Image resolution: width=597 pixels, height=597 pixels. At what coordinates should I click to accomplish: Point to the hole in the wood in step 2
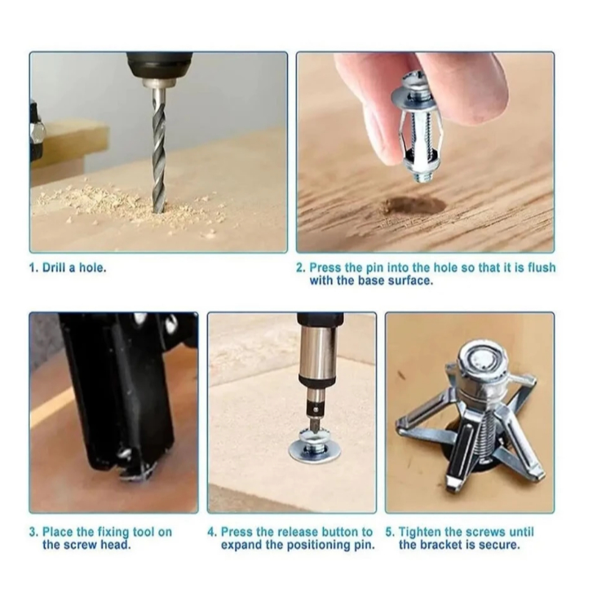[415, 206]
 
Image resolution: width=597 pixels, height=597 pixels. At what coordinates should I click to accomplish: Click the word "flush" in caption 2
[542, 268]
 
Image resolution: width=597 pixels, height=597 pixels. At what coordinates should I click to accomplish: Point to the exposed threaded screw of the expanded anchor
[483, 438]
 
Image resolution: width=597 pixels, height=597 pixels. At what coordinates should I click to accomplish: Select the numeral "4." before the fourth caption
[211, 532]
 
